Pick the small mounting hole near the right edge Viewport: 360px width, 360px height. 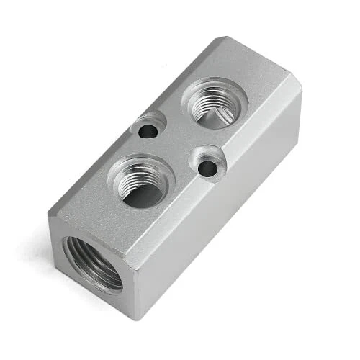207,168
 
